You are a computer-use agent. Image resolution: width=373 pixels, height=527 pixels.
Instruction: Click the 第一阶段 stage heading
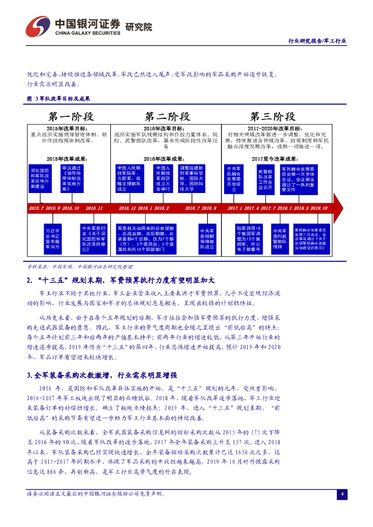click(x=70, y=116)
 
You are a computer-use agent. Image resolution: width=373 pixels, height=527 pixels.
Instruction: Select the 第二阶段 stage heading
click(x=167, y=116)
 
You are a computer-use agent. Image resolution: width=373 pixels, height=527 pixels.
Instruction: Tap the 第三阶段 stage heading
click(x=273, y=116)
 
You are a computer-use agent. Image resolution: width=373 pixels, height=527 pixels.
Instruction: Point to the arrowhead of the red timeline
click(x=338, y=207)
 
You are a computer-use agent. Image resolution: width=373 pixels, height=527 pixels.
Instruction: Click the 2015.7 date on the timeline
click(x=37, y=208)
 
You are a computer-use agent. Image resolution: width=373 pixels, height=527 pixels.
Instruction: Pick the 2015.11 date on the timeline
click(x=94, y=208)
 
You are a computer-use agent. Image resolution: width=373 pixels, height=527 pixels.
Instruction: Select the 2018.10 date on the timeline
click(x=318, y=208)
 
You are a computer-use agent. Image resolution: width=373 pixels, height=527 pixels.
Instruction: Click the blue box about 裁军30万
click(x=53, y=239)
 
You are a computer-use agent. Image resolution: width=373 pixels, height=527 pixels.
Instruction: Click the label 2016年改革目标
click(x=164, y=128)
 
